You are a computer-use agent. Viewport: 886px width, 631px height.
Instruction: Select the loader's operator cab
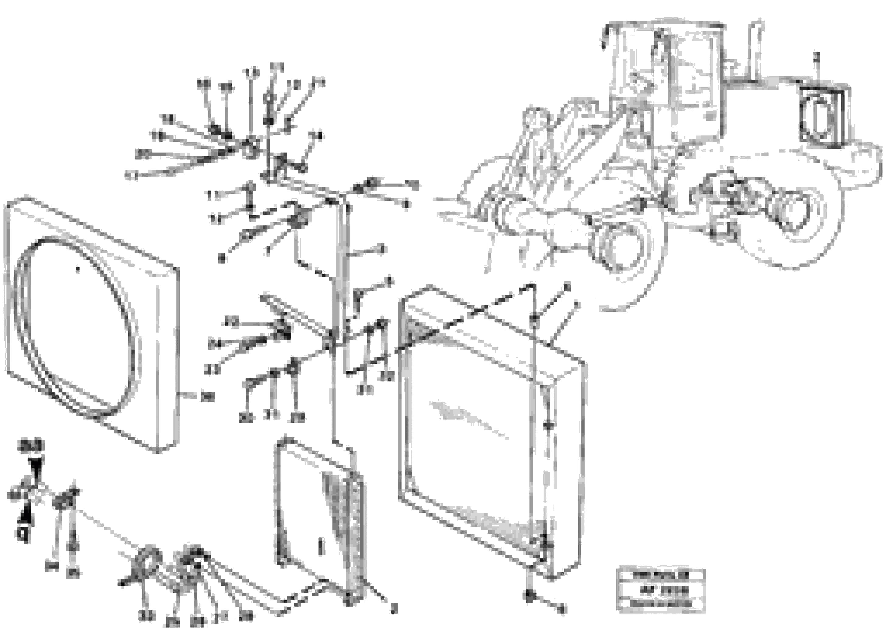pyautogui.click(x=669, y=78)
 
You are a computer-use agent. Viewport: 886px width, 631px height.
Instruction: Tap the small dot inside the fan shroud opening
pyautogui.click(x=78, y=269)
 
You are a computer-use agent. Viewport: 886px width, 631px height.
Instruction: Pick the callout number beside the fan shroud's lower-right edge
pyautogui.click(x=208, y=397)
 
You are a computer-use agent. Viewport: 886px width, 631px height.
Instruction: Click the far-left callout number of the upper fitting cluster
pyautogui.click(x=132, y=176)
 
